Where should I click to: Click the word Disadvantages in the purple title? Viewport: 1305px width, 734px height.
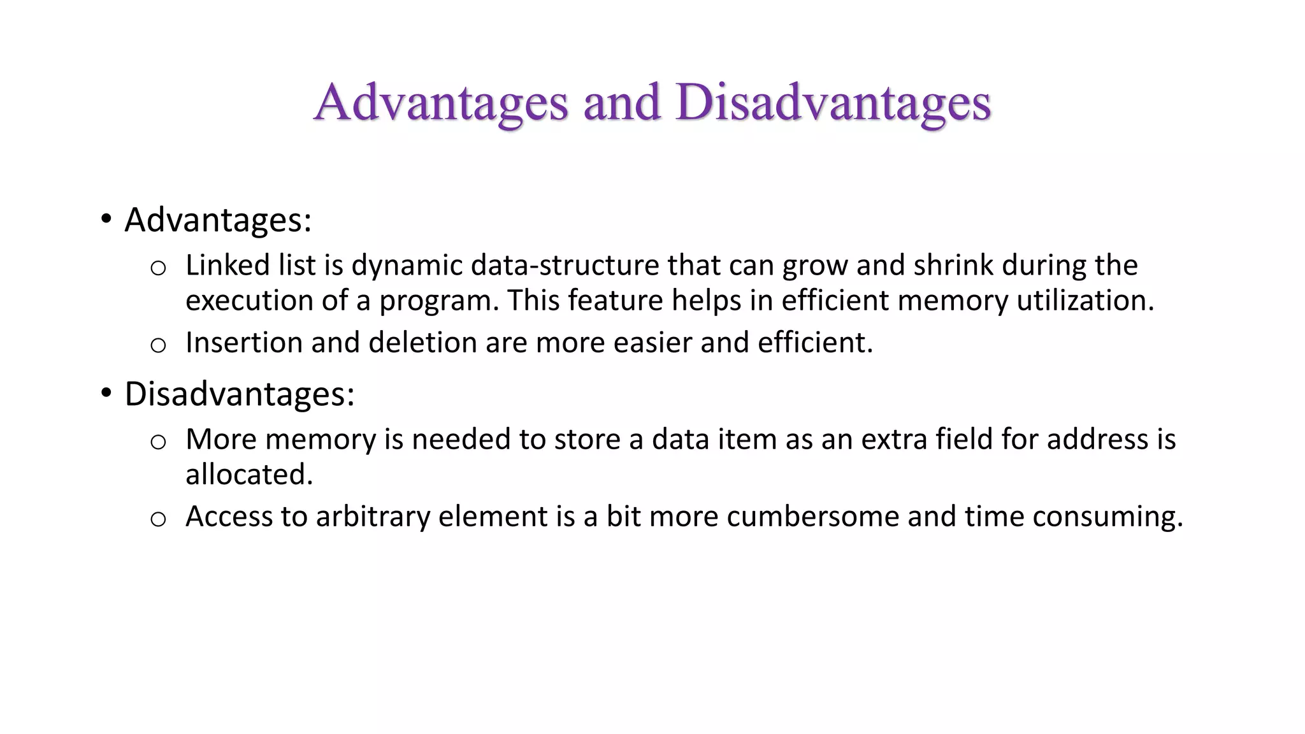tap(833, 103)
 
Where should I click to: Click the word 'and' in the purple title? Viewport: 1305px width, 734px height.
tap(621, 103)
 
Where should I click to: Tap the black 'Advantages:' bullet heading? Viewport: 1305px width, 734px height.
tap(218, 220)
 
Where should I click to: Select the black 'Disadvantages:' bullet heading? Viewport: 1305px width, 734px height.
tap(239, 394)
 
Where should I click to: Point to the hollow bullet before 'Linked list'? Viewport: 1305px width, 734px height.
tap(158, 268)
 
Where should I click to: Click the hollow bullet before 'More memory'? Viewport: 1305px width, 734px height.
tap(158, 442)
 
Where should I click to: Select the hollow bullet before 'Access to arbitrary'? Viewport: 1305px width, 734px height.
tap(158, 519)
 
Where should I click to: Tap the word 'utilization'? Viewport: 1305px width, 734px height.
tap(1082, 301)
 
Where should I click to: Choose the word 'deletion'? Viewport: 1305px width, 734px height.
tap(422, 343)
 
